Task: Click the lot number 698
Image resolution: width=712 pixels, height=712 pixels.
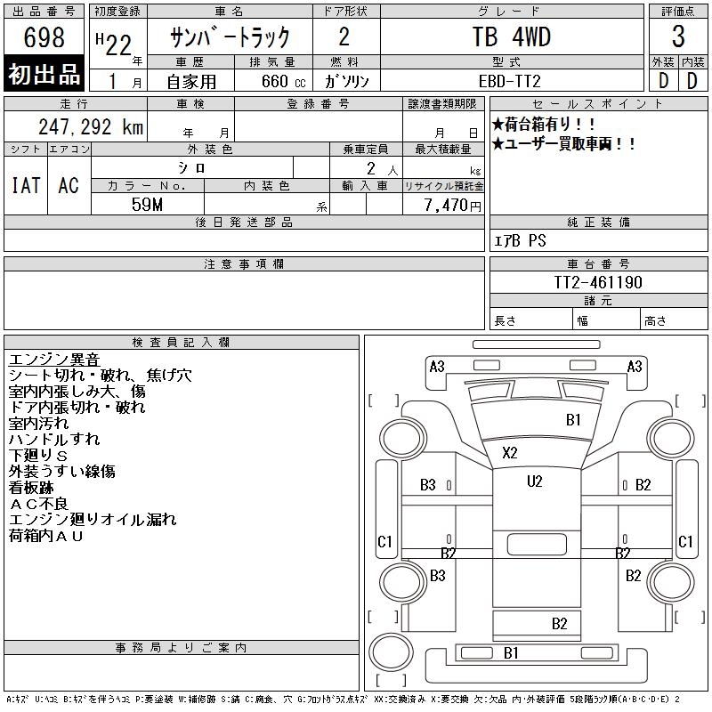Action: click(x=44, y=37)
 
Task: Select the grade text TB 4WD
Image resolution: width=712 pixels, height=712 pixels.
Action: click(x=511, y=37)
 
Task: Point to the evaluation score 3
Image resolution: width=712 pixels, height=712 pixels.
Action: click(x=678, y=37)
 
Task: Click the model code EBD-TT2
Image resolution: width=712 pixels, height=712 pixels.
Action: click(x=511, y=80)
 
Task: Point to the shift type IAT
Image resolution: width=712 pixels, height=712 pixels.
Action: click(x=26, y=185)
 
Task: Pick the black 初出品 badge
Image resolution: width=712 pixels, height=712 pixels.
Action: click(x=44, y=75)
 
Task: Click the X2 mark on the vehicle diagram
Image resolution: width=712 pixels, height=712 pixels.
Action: click(x=509, y=452)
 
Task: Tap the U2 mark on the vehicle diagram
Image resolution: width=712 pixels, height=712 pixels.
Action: click(x=534, y=481)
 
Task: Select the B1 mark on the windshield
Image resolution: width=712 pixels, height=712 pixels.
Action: click(x=573, y=419)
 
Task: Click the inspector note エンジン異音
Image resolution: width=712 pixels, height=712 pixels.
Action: click(x=53, y=360)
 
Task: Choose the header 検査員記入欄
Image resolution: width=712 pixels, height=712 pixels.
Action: click(x=181, y=342)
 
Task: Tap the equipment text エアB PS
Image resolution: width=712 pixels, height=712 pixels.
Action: click(x=521, y=241)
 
